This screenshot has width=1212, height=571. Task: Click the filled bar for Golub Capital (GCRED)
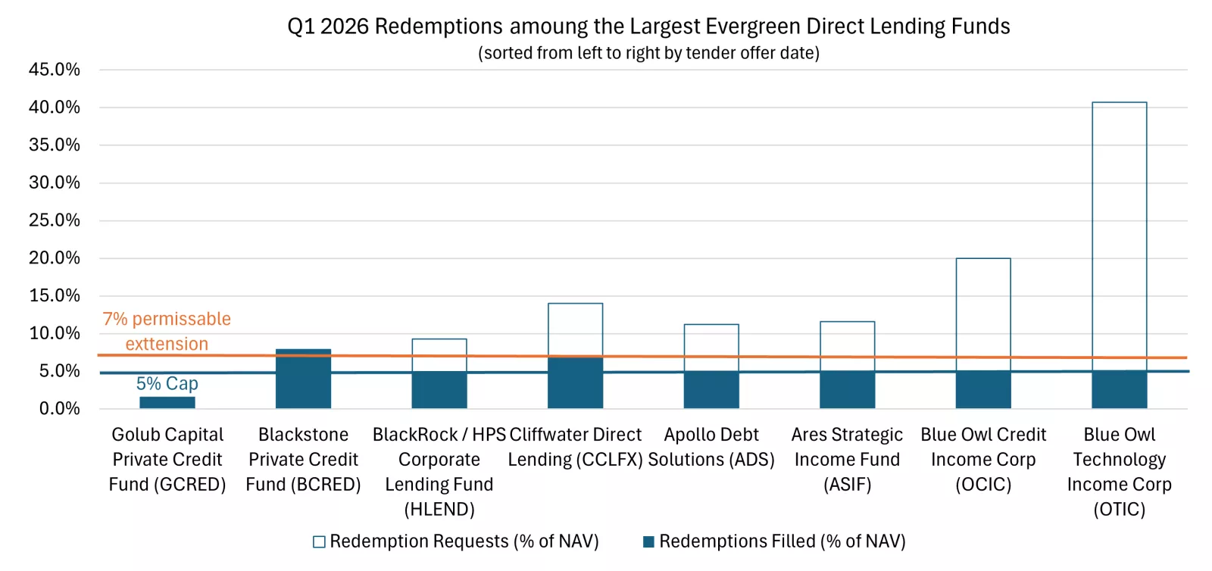[167, 402]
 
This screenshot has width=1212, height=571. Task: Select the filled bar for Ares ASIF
[847, 391]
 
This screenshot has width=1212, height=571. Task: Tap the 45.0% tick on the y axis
[55, 70]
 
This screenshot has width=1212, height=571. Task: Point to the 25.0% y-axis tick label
[55, 220]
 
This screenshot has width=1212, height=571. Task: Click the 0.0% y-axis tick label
[59, 409]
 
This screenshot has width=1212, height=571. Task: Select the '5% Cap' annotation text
[167, 384]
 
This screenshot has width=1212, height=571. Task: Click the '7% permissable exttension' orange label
[167, 331]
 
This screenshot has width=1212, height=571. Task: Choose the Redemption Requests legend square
[319, 541]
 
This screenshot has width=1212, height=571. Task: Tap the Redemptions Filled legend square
[648, 541]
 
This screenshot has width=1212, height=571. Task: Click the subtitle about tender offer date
[648, 53]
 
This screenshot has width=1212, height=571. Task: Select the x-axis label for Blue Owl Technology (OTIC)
[1119, 471]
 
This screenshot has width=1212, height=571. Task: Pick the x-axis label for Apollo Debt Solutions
[711, 447]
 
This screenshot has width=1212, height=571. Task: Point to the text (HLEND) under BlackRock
[439, 509]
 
